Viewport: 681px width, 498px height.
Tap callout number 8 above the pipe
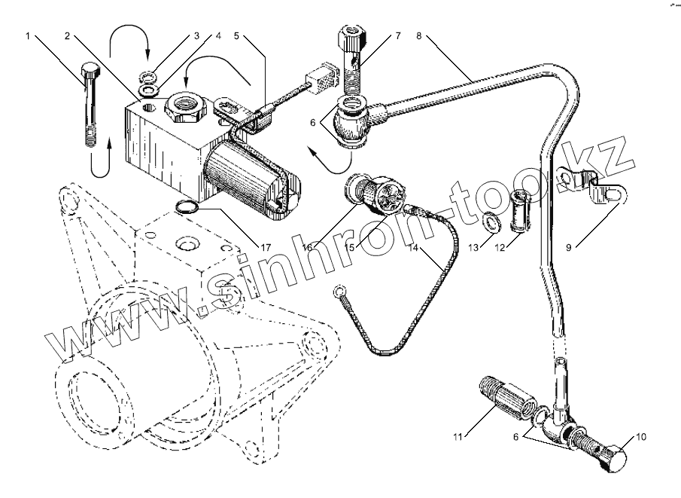419,35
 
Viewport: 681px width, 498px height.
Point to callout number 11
458,436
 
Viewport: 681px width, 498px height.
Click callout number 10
640,436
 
